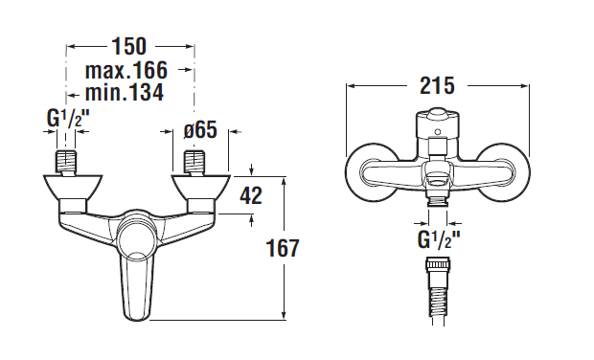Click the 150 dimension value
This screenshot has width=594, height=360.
tap(129, 46)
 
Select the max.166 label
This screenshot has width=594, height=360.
tap(126, 70)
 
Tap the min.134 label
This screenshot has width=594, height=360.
tap(125, 92)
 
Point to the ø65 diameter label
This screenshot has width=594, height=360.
tap(200, 130)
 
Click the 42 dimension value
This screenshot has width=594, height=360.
tap(251, 195)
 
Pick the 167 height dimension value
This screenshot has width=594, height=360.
tap(283, 248)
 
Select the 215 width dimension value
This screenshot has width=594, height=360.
tap(437, 85)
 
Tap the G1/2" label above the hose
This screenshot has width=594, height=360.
tap(438, 239)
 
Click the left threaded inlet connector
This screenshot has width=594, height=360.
tap(66, 163)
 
